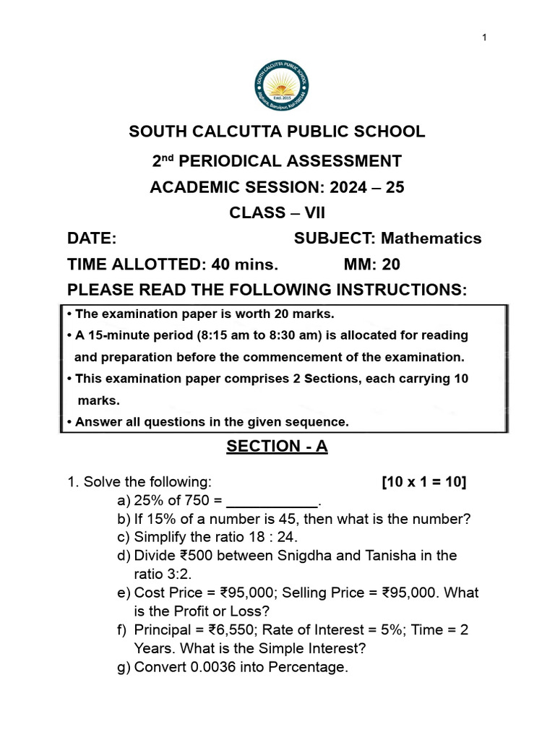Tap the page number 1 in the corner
click(485, 38)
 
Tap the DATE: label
click(92, 238)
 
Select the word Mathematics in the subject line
click(431, 238)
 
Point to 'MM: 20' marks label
click(371, 264)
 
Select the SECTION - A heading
click(277, 447)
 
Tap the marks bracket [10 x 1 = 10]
click(423, 482)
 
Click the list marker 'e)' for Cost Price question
click(124, 593)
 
